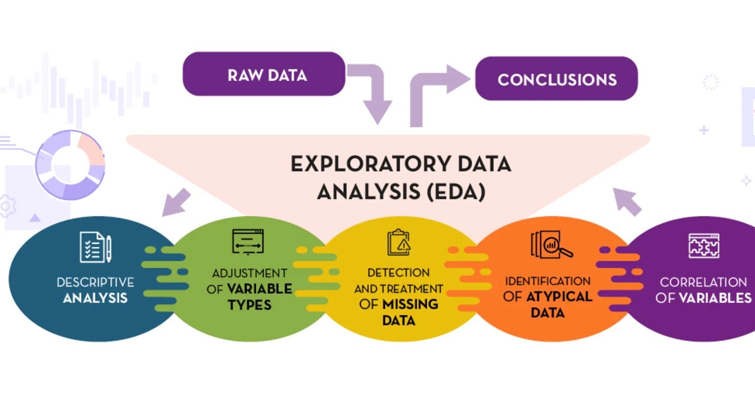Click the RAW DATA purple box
pyautogui.click(x=264, y=74)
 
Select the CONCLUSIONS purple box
pyautogui.click(x=556, y=79)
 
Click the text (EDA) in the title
pyautogui.click(x=456, y=192)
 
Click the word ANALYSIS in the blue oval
pyautogui.click(x=95, y=298)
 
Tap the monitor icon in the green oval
pyautogui.click(x=248, y=242)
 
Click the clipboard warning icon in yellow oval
pyautogui.click(x=399, y=242)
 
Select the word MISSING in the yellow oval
pyautogui.click(x=410, y=304)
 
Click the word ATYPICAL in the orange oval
pyautogui.click(x=559, y=297)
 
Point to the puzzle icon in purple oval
pyautogui.click(x=704, y=246)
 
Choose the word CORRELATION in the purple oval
pyautogui.click(x=703, y=282)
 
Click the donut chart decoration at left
pyautogui.click(x=70, y=165)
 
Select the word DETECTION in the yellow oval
pyautogui.click(x=398, y=273)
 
